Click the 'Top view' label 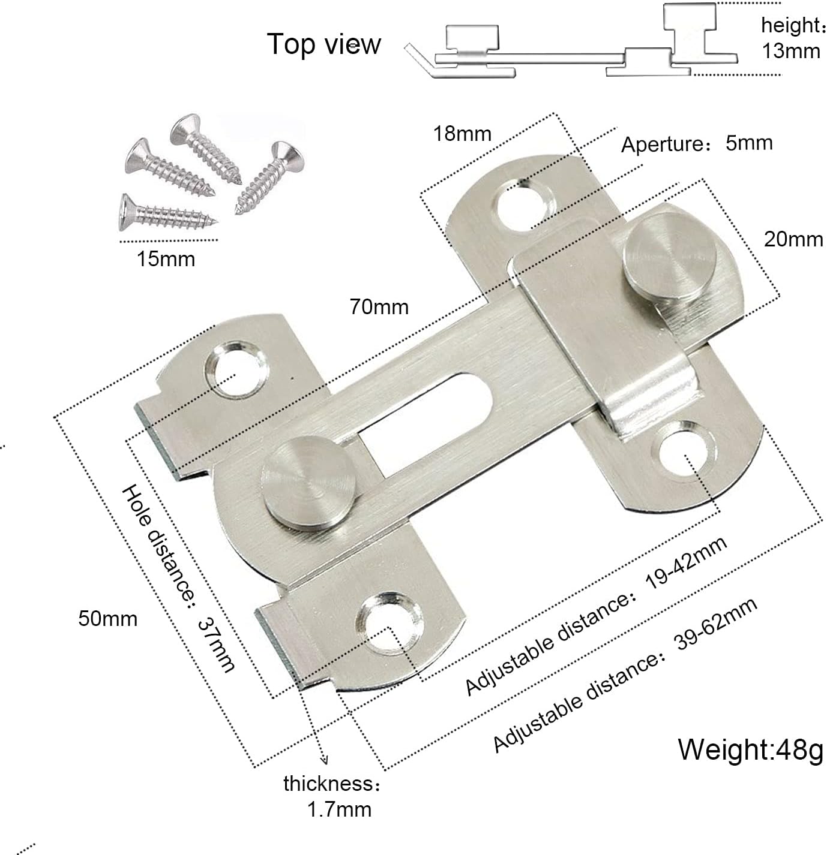click(323, 44)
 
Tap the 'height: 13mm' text click(791, 38)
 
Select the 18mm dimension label click(462, 133)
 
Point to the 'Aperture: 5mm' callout click(696, 144)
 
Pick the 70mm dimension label click(379, 307)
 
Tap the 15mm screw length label click(166, 259)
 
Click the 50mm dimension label click(107, 618)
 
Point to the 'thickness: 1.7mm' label click(332, 796)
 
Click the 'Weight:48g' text click(750, 749)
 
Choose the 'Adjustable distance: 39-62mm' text click(625, 675)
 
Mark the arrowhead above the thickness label click(325, 760)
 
